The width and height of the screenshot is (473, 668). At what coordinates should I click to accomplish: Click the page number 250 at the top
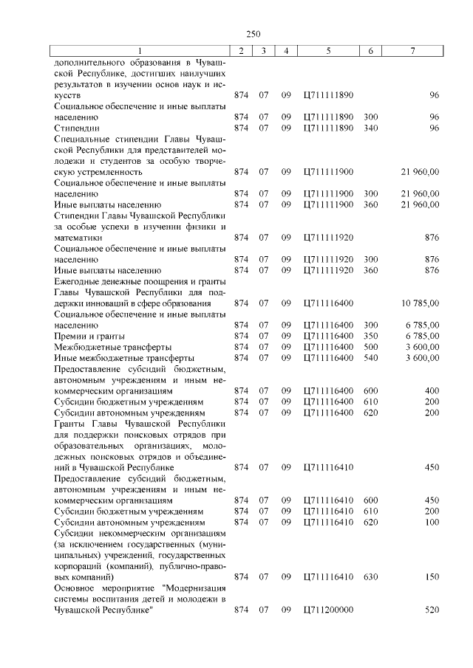pyautogui.click(x=253, y=33)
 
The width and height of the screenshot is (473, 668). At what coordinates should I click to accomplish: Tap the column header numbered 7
pyautogui.click(x=412, y=50)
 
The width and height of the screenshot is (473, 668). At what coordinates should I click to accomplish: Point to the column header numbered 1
pyautogui.click(x=137, y=50)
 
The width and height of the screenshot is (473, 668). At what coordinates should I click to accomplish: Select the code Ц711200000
pyautogui.click(x=329, y=610)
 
